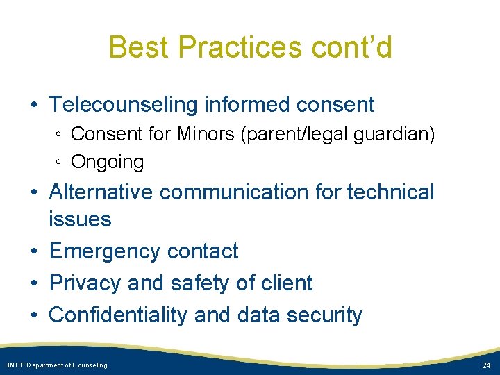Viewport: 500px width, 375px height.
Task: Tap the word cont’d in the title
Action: (x=352, y=48)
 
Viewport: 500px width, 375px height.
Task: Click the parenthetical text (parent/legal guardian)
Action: (x=337, y=134)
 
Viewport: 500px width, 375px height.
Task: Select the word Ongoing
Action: (x=108, y=162)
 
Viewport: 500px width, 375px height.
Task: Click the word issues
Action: (x=80, y=219)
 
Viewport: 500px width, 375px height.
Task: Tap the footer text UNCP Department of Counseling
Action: (x=56, y=365)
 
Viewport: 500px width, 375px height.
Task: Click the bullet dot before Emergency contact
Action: (x=34, y=251)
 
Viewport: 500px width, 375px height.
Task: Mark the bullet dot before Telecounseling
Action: (x=34, y=106)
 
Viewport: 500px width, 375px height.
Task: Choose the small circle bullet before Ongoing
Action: (x=60, y=162)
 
